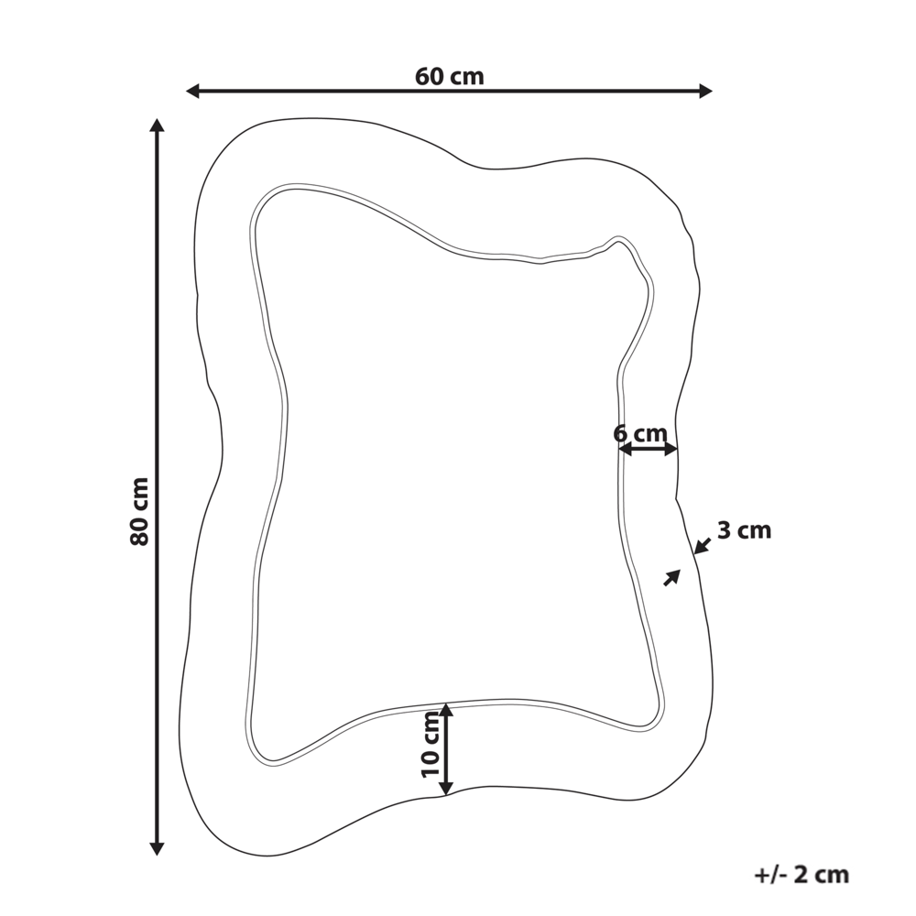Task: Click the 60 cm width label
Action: (449, 77)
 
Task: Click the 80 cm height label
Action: (139, 511)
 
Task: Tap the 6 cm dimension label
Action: (640, 433)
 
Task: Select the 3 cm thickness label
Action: (744, 530)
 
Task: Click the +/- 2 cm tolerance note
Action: (801, 875)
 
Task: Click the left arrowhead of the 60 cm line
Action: (192, 91)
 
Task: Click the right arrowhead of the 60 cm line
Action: (705, 91)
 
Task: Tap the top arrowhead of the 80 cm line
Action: (157, 125)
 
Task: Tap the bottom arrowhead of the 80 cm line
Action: (157, 848)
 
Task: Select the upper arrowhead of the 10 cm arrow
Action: (446, 710)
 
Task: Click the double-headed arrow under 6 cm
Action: (647, 449)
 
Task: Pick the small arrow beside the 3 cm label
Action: (702, 546)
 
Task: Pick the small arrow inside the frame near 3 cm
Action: (672, 577)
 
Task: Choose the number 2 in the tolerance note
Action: (801, 875)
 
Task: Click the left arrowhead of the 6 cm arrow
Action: (622, 449)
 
